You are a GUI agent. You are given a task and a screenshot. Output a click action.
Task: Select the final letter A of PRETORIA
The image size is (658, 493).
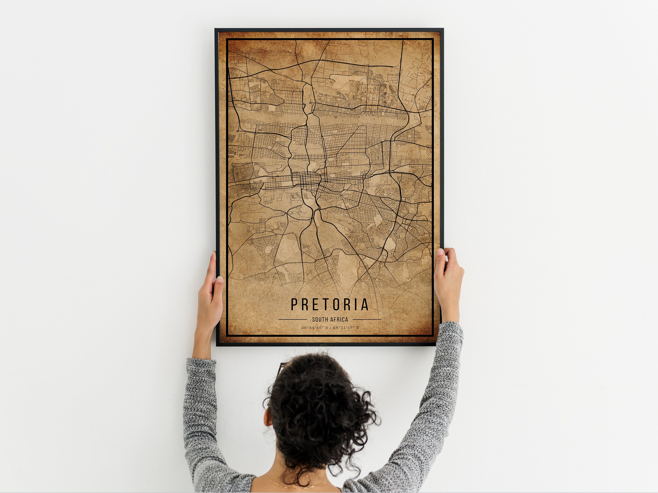click(x=365, y=304)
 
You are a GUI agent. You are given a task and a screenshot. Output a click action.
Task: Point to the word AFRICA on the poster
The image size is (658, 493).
click(x=338, y=319)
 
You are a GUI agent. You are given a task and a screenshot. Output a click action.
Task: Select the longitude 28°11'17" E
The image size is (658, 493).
click(x=346, y=328)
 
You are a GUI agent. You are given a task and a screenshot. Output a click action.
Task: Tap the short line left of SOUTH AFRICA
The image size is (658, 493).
click(x=292, y=319)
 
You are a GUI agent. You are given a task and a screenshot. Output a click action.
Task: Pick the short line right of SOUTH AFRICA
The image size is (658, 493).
click(x=367, y=319)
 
